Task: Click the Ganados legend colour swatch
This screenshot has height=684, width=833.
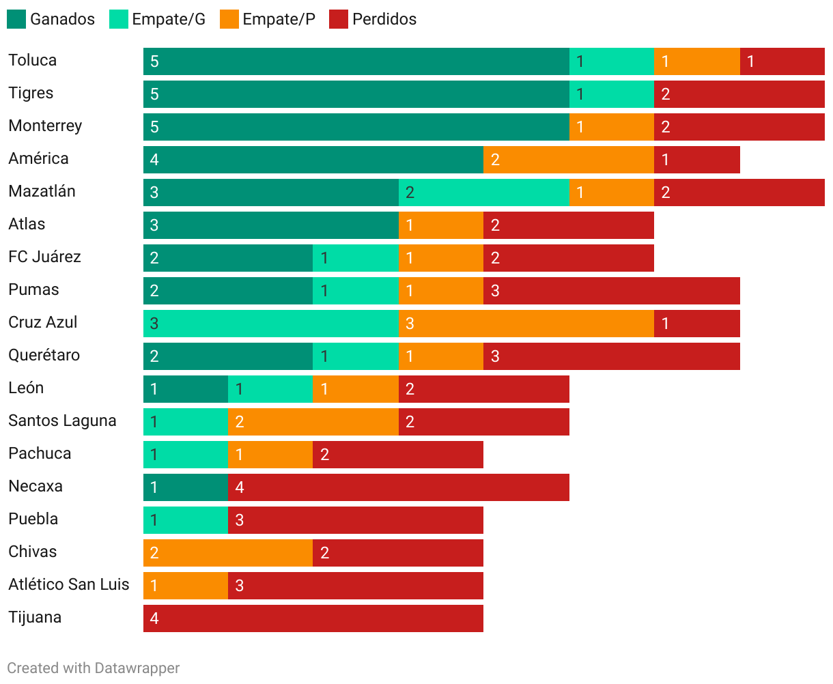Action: point(16,19)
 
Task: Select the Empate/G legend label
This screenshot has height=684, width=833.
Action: point(169,19)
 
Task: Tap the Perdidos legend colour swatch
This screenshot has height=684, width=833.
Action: point(339,19)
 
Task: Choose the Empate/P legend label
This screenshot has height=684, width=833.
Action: point(279,19)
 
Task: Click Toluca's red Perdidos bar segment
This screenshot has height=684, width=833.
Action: point(782,61)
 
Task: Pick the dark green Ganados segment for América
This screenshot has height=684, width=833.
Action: point(313,160)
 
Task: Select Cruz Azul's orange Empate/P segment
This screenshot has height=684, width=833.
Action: point(526,324)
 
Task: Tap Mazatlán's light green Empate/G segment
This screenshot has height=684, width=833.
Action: point(484,193)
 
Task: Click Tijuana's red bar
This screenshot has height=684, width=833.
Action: point(313,618)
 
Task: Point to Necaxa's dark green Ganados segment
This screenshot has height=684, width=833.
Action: point(186,487)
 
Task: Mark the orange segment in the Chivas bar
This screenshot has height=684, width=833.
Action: point(228,553)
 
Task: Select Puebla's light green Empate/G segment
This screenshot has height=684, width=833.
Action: point(186,520)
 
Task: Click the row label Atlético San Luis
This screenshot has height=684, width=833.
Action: point(69,584)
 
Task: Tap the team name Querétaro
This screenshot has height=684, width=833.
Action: point(44,355)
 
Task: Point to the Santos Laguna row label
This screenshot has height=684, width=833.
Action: point(62,421)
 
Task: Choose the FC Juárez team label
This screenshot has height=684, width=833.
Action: point(44,257)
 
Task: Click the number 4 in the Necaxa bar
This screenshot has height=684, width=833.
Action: point(240,487)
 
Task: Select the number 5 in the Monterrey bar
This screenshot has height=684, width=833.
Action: point(154,127)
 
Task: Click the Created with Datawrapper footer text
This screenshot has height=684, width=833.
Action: point(94,668)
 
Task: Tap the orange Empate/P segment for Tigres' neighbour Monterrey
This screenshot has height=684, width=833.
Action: point(612,127)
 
